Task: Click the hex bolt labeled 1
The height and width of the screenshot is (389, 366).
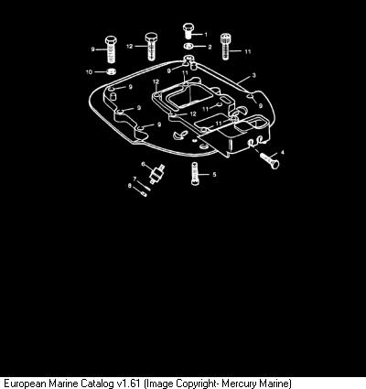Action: click(x=188, y=31)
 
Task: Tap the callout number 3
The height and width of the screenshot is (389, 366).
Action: click(x=254, y=75)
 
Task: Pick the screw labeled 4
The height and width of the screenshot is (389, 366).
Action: click(x=270, y=159)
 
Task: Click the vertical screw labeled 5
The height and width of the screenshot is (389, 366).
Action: click(x=195, y=174)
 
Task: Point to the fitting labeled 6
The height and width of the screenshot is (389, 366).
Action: click(x=157, y=174)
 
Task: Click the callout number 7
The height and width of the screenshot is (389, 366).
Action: click(x=135, y=178)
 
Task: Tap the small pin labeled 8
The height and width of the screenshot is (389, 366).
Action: click(x=143, y=192)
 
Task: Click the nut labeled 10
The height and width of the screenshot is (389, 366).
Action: click(x=112, y=72)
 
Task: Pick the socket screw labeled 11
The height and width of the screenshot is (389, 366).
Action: click(x=225, y=46)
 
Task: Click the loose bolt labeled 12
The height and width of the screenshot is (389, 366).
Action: click(x=151, y=47)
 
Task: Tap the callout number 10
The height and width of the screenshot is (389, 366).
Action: click(x=89, y=72)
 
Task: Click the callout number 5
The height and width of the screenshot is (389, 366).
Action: click(x=214, y=174)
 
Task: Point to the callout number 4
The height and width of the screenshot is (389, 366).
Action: click(x=282, y=152)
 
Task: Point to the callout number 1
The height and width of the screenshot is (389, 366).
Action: click(x=206, y=35)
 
